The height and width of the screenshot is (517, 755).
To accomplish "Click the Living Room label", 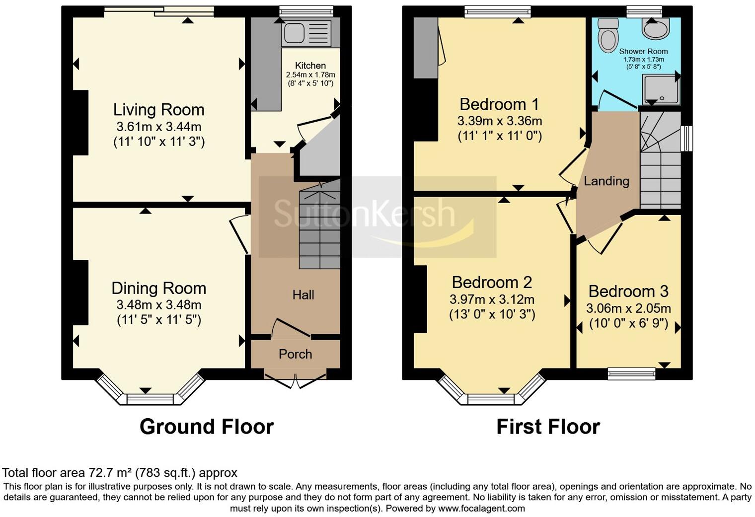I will pos(158,110).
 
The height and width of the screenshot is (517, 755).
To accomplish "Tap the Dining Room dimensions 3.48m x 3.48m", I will pos(158,304).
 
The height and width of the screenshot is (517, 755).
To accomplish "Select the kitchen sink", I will pos(293,33).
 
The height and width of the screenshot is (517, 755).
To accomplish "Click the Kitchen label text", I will pos(310,66).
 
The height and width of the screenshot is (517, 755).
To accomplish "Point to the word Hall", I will pos(303,295).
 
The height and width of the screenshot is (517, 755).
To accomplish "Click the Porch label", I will pos(295,354).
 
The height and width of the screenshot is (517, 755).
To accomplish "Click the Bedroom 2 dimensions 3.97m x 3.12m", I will pos(492,299).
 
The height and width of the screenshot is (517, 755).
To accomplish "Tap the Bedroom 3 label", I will pos(628,291).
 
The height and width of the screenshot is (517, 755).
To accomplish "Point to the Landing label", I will pos(606,181).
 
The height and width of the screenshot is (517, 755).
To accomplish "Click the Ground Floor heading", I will pos(206,427).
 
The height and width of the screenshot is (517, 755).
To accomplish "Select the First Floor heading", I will pos(548,427).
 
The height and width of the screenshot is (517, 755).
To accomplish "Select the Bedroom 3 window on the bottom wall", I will pos(632,373).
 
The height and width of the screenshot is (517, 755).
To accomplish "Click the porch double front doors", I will pos(295,380).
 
